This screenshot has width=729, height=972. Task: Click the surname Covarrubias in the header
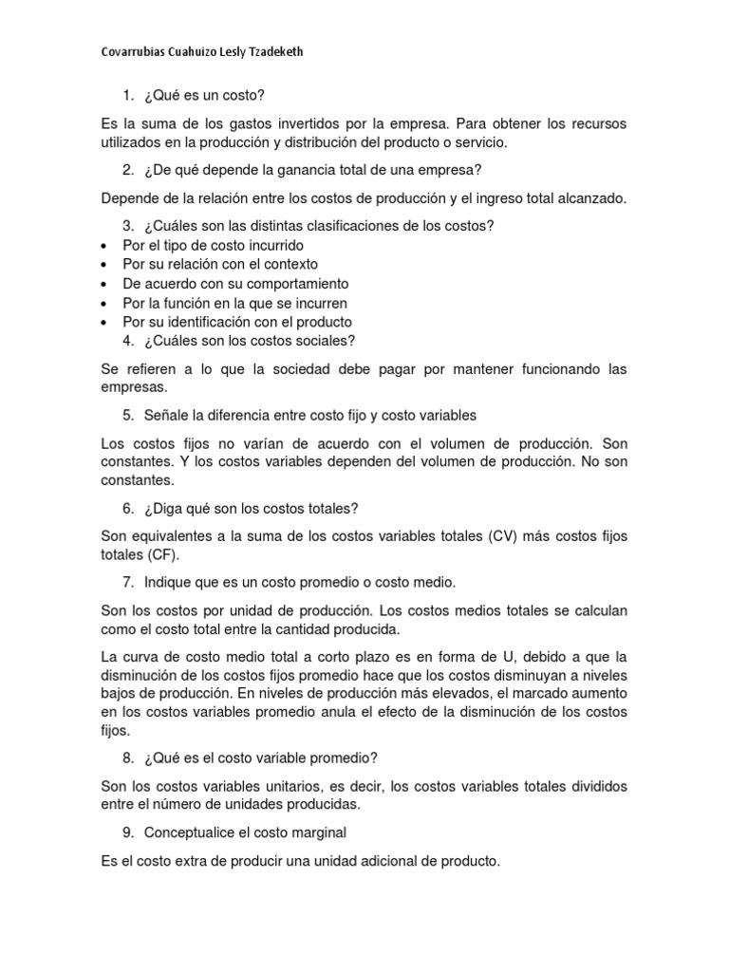click(135, 52)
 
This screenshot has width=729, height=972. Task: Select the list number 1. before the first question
click(128, 96)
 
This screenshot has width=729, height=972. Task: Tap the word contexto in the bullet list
click(286, 264)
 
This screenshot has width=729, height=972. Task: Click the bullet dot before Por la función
click(103, 304)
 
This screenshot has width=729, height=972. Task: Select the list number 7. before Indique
click(128, 582)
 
